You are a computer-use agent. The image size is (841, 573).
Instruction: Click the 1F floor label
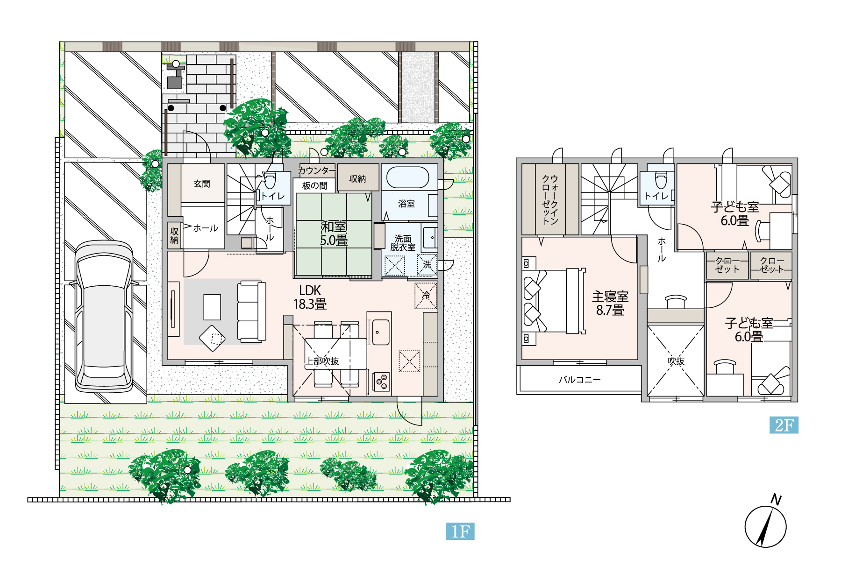click(x=460, y=531)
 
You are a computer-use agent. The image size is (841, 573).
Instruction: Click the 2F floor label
click(x=784, y=425)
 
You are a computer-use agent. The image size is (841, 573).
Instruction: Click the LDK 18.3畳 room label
click(x=310, y=297)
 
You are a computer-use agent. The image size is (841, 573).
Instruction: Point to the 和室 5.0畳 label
click(x=334, y=233)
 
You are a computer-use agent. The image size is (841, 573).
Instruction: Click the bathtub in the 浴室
click(x=407, y=177)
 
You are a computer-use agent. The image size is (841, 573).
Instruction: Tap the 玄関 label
click(x=202, y=184)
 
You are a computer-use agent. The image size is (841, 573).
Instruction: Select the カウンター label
click(x=317, y=170)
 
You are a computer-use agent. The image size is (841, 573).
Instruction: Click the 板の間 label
click(x=315, y=185)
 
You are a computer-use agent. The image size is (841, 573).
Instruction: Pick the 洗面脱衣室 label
click(x=403, y=243)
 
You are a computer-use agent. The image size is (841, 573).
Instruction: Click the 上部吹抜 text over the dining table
click(x=322, y=361)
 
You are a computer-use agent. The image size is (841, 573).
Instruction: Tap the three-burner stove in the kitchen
click(x=381, y=381)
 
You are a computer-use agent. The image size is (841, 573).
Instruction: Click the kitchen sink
click(x=381, y=332)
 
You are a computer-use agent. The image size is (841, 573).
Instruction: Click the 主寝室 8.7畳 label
click(x=610, y=303)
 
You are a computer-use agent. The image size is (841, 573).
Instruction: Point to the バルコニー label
click(x=580, y=380)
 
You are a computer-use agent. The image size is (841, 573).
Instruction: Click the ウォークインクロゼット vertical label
click(x=550, y=200)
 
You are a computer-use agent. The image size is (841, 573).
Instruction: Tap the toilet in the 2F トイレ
click(x=661, y=180)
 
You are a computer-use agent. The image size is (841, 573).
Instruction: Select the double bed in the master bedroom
click(x=553, y=301)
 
